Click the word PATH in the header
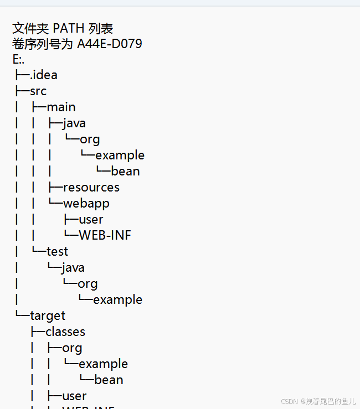pos(68,28)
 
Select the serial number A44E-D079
pos(109,43)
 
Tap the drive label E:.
pos(18,59)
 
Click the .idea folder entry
pos(44,75)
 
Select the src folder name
pos(38,91)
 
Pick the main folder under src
pos(61,107)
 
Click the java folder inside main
pos(74,123)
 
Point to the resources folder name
pos(91,187)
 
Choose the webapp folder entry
pos(86,203)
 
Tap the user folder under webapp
pos(91,219)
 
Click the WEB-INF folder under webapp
pos(105,235)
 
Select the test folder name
pos(57,251)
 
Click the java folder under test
pos(73,267)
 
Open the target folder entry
pos(48,315)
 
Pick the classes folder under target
pos(65,332)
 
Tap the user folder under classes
pos(74,396)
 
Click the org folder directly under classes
pos(72,348)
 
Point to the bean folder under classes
pos(109,380)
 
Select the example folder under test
pos(117,299)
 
